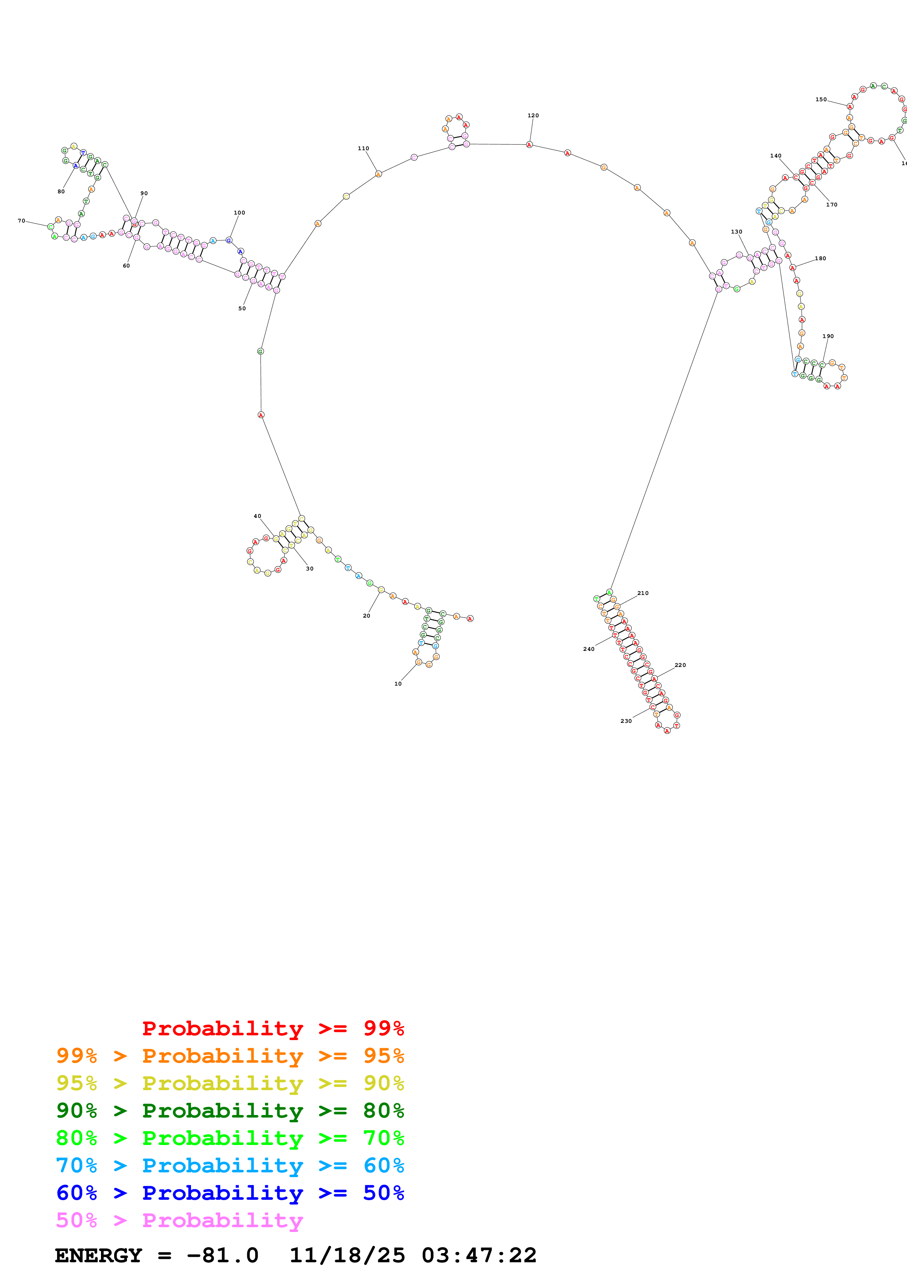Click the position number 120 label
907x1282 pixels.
point(533,115)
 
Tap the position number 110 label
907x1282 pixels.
point(363,148)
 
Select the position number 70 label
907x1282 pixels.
point(21,221)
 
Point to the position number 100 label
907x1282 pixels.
point(239,213)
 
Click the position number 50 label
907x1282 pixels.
point(242,308)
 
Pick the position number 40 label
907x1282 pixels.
point(257,516)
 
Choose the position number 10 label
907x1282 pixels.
point(398,683)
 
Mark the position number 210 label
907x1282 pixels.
point(643,593)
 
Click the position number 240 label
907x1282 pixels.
point(588,649)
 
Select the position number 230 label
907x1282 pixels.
point(626,721)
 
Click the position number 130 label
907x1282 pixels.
point(737,232)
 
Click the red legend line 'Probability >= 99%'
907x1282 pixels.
point(273,1028)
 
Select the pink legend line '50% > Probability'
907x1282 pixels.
point(179,1220)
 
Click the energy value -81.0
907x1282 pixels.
point(222,1255)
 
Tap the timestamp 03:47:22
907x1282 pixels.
point(479,1255)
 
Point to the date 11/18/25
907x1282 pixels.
point(347,1255)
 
